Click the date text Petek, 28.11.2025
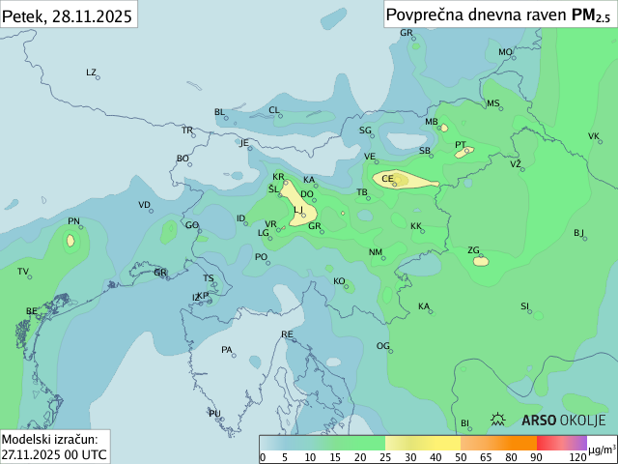coord(68,14)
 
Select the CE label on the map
coord(387,179)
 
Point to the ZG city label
coord(473,250)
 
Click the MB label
coord(432,122)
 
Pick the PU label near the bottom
coord(214,414)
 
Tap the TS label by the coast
coord(209,278)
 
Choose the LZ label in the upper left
coord(92,72)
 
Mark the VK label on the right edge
coord(593,136)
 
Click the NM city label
coord(376,252)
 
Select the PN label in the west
coord(73,221)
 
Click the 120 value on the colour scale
coord(576,457)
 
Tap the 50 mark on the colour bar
coord(461,457)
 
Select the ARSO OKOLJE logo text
coord(563,420)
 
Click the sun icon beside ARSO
coord(498,420)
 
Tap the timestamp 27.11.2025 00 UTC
coord(54,453)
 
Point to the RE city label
coord(287,334)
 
